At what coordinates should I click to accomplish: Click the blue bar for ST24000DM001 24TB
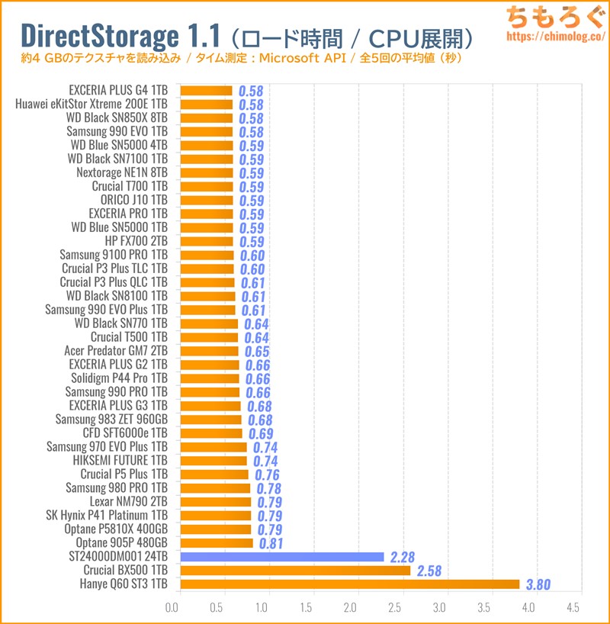pos(282,557)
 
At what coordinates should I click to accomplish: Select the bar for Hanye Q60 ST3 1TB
pos(350,584)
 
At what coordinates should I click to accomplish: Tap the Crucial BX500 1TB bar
pos(295,571)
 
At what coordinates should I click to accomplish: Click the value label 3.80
pos(536,585)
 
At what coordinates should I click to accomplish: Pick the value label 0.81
pos(271,544)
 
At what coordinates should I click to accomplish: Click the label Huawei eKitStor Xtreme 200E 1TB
pos(91,105)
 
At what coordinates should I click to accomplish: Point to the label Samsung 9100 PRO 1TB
pos(106,255)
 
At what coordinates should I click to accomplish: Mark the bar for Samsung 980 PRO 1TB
pos(215,488)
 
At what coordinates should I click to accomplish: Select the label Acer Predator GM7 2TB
pos(116,351)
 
